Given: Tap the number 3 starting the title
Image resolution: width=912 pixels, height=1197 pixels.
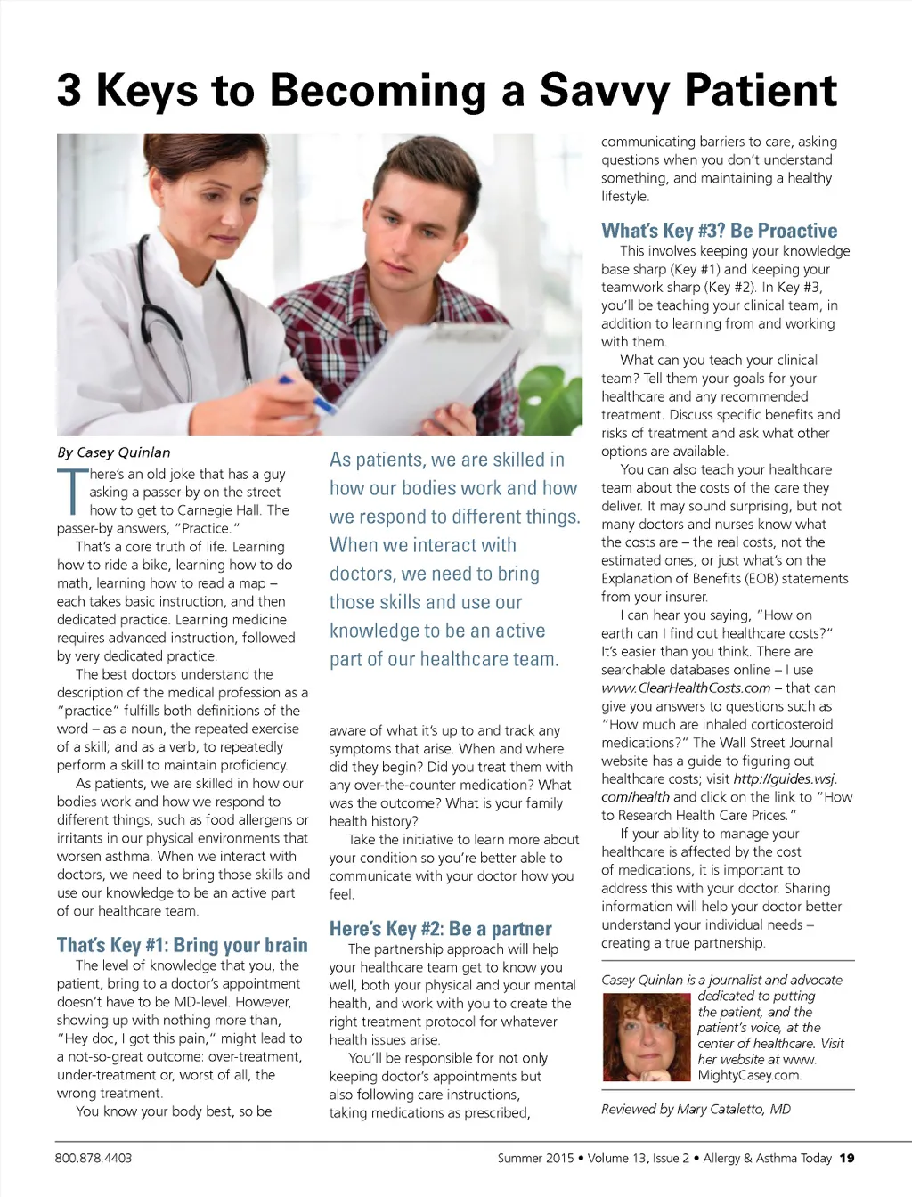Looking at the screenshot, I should point(69,91).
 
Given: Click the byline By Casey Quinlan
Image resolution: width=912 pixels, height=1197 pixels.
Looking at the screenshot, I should point(114,452).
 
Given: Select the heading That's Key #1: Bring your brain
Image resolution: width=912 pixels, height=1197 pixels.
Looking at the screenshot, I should point(182,945).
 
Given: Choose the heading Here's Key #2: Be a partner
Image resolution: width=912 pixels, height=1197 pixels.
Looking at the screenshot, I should point(440,929).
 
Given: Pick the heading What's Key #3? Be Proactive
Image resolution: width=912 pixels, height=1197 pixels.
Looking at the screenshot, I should point(719,231).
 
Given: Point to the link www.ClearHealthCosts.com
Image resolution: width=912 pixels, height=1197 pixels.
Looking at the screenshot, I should point(686,688).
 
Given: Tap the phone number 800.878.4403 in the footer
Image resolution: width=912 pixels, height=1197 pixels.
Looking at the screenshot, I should point(94,1158).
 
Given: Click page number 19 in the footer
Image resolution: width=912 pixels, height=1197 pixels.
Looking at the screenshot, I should point(847,1158).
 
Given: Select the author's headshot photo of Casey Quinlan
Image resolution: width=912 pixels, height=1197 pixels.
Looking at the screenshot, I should point(647,1037).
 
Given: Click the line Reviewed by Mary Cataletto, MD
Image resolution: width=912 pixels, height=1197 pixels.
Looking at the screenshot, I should point(696,1109).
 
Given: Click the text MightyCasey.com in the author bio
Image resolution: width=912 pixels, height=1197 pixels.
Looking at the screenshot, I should point(749,1075).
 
